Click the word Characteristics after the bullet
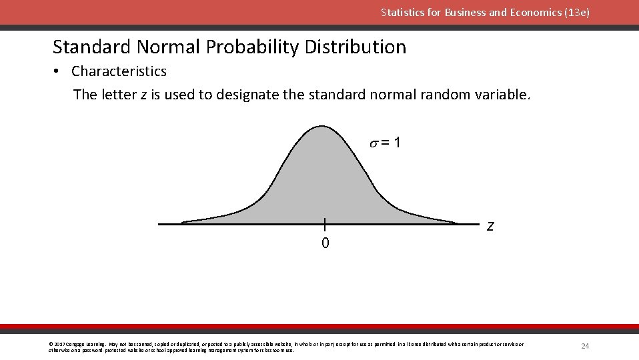coord(119,71)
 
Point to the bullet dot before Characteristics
coord(59,71)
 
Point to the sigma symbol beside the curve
coord(374,143)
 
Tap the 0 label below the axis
coord(325,243)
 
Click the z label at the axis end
coord(490,226)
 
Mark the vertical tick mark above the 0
coord(324,224)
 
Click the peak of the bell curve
coord(322,127)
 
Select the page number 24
coord(585,346)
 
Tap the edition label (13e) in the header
coord(577,12)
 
